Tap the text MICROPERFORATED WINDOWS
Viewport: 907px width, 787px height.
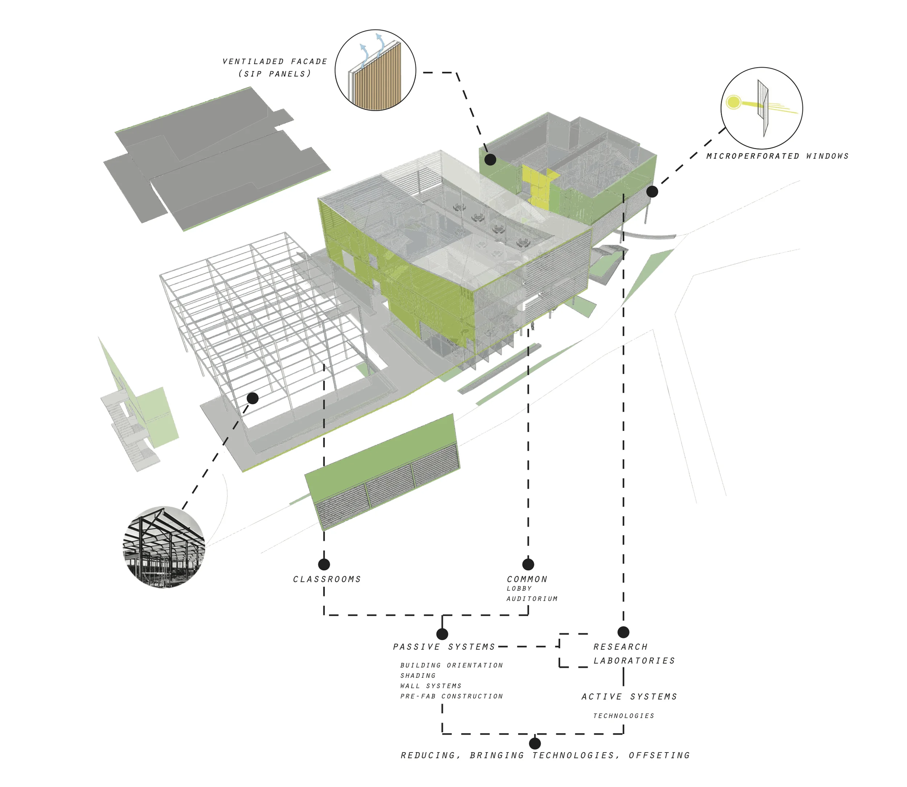point(777,156)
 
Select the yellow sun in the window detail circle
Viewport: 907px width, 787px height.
point(733,102)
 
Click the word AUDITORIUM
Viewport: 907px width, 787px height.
point(532,599)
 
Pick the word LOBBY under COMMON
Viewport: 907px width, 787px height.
point(520,589)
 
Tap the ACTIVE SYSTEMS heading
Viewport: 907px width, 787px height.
point(629,697)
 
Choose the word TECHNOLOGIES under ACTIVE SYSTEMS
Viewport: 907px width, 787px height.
point(623,716)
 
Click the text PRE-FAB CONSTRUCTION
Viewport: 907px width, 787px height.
point(451,696)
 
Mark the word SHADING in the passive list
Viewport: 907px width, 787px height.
point(418,676)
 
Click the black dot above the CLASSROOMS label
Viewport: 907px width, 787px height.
point(324,564)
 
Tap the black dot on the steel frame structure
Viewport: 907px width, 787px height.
point(253,398)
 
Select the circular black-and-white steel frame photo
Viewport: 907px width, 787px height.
point(164,547)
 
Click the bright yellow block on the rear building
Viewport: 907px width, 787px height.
point(537,184)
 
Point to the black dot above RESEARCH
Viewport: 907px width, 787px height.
point(623,632)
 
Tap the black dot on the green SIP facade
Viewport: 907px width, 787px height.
point(491,159)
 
